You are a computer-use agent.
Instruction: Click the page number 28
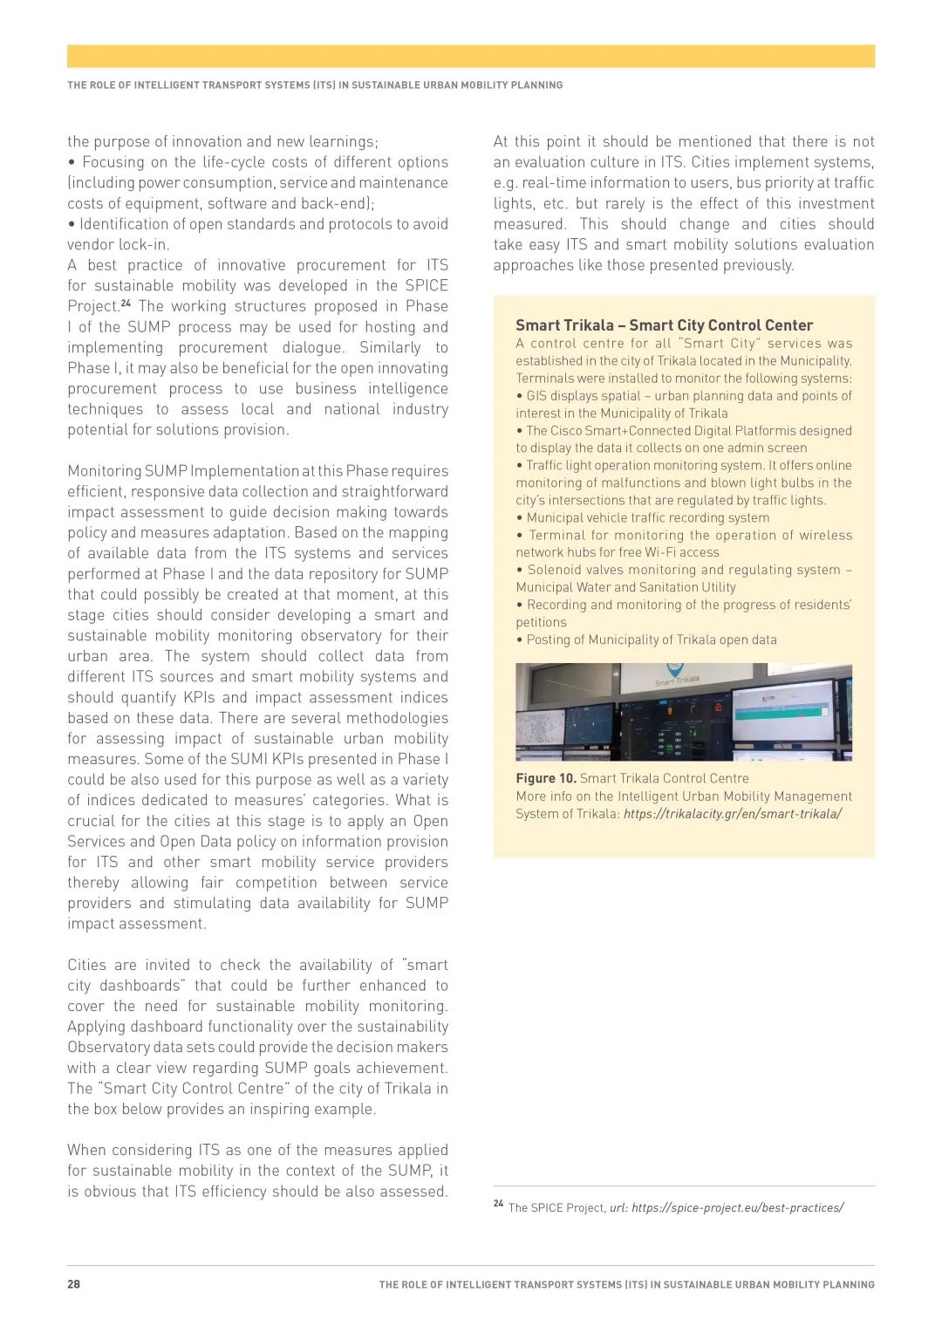[x=74, y=1284]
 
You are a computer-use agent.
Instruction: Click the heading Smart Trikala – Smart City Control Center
[x=664, y=325]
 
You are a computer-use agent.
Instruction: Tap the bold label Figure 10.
[x=546, y=778]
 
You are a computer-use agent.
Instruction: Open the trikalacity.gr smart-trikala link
[x=733, y=813]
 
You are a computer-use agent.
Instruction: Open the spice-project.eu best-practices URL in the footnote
[x=737, y=1208]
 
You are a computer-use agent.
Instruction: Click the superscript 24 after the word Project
[x=126, y=303]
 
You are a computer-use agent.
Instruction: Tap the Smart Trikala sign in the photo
[x=677, y=680]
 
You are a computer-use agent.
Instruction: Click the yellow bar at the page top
[x=471, y=56]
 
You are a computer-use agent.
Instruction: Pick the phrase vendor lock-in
[x=119, y=244]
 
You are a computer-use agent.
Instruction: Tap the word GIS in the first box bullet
[x=536, y=395]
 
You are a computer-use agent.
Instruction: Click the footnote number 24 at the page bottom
[x=498, y=1204]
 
